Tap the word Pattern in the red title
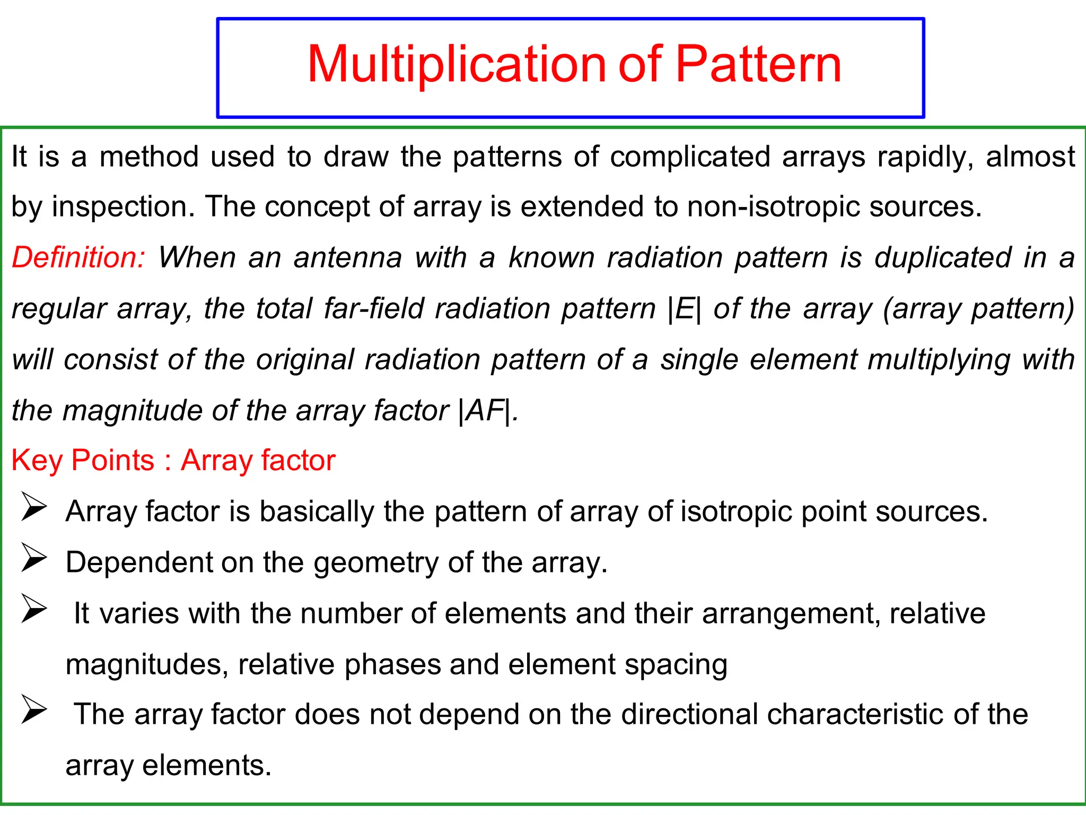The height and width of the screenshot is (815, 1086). tap(758, 65)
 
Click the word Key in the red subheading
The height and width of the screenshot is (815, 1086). tap(37, 460)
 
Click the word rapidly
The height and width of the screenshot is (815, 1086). tap(925, 157)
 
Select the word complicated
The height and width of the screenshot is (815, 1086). tap(690, 157)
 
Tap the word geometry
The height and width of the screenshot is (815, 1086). tap(376, 563)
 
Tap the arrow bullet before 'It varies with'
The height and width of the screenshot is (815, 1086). tap(34, 609)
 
